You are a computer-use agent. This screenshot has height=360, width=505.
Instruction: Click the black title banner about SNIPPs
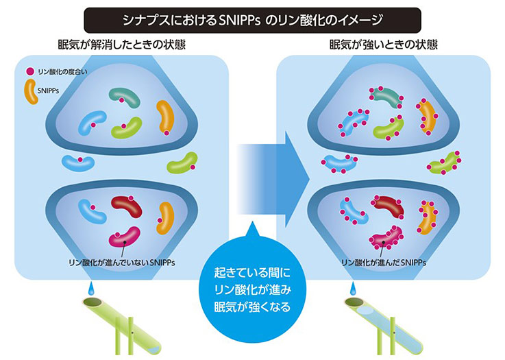pos(252,21)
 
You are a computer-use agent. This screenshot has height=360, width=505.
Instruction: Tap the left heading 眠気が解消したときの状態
pos(122,45)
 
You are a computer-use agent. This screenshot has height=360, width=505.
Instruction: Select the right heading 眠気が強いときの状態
pos(384,45)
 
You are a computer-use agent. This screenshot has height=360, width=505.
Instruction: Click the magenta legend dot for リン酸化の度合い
pos(30,71)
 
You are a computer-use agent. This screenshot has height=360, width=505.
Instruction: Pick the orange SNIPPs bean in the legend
pos(30,92)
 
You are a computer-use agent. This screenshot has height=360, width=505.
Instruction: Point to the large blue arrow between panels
pos(273,179)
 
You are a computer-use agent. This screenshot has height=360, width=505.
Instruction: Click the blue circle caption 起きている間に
pos(252,273)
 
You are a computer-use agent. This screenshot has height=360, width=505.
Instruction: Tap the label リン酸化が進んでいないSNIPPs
pos(122,263)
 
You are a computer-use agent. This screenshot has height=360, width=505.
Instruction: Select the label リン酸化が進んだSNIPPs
pos(384,263)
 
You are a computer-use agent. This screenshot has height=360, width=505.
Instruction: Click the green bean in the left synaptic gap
pos(182,163)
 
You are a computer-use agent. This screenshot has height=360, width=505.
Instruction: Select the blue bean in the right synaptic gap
pos(340,163)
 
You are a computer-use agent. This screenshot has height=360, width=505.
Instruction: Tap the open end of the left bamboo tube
pos(93,302)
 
